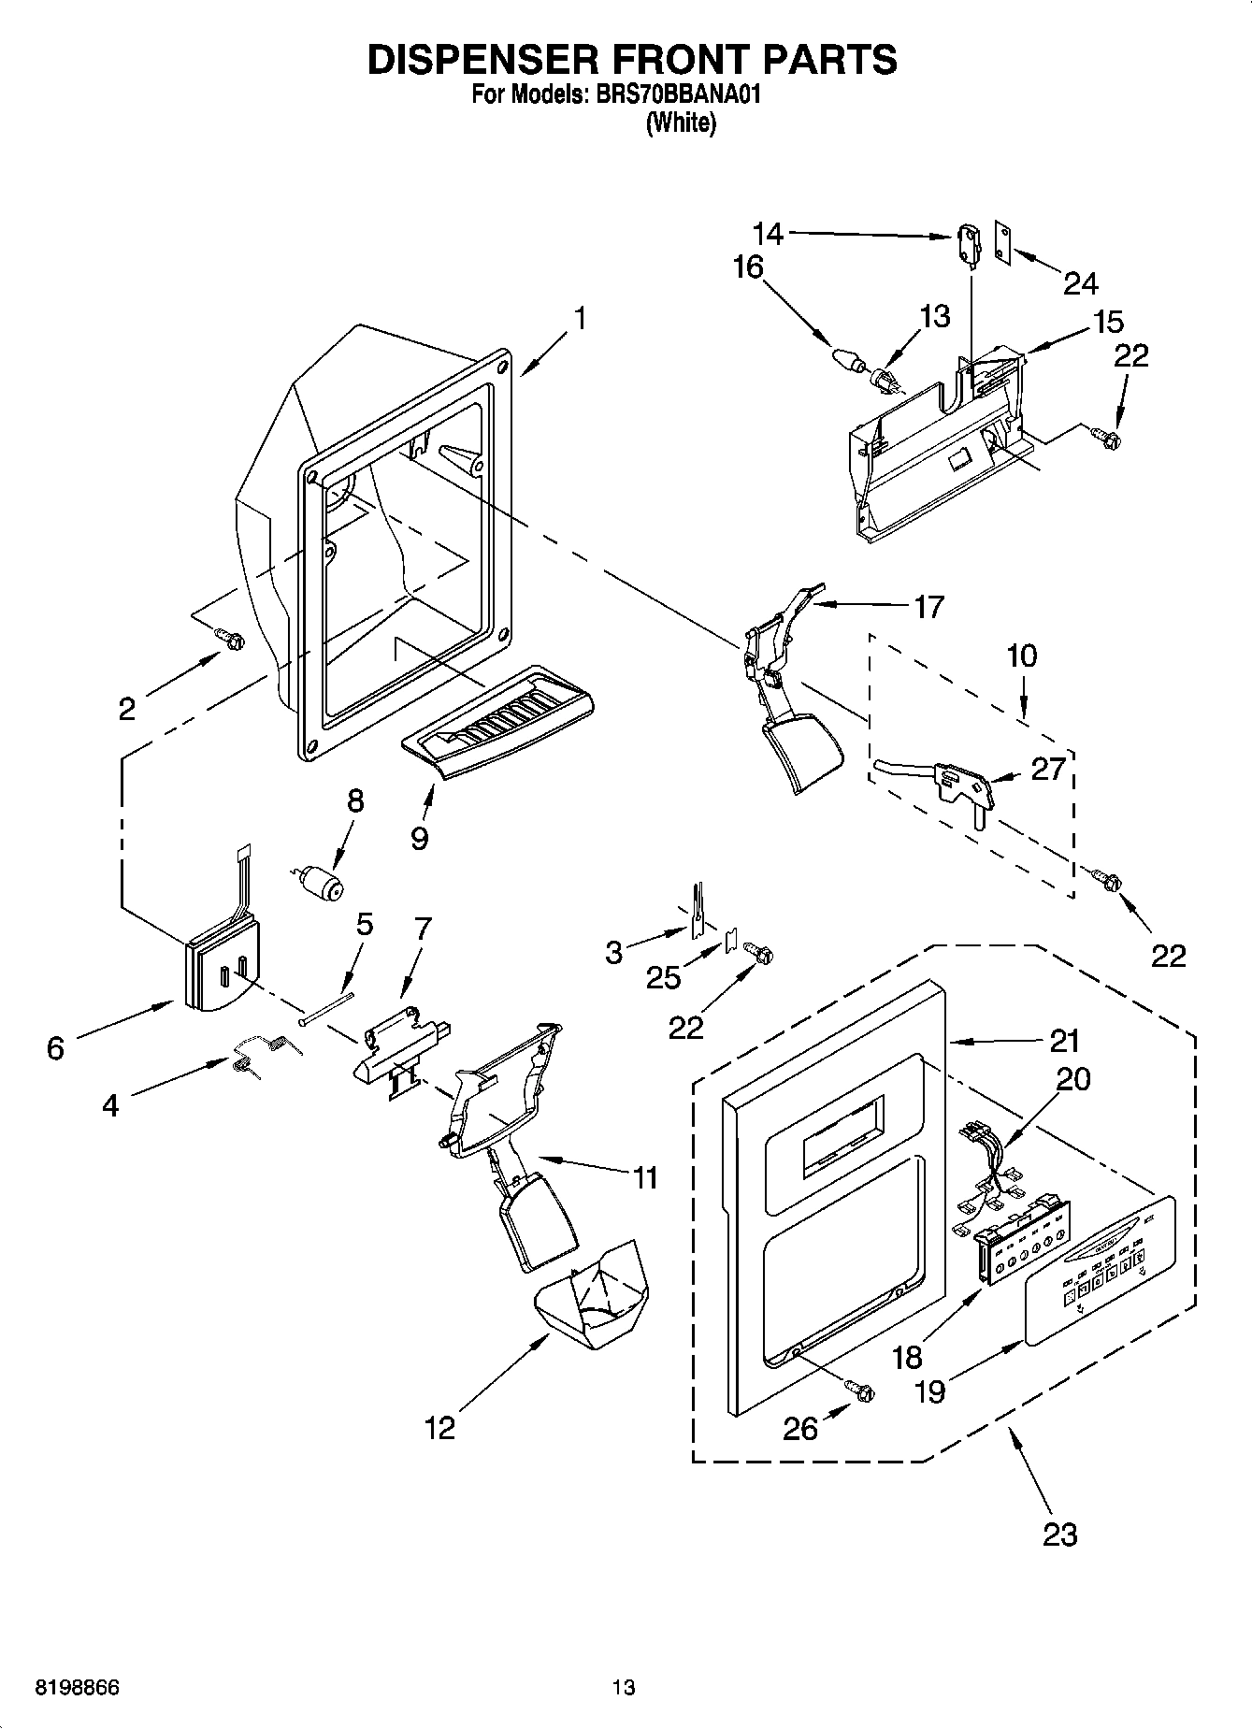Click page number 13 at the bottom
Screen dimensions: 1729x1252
(624, 1688)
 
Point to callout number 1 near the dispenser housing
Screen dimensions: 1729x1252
(580, 319)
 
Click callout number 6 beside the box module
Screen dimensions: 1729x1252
(55, 1048)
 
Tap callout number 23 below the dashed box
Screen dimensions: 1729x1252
(1059, 1534)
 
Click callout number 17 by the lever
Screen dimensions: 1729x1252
(928, 607)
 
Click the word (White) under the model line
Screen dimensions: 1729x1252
(681, 122)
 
